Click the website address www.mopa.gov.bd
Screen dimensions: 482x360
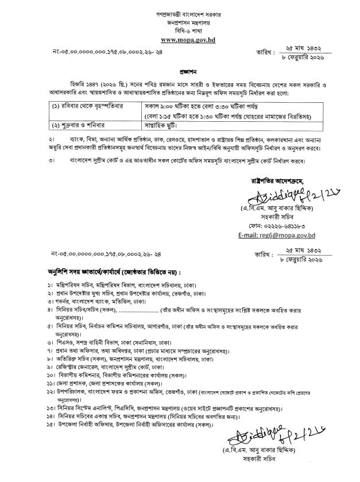click(x=180, y=40)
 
